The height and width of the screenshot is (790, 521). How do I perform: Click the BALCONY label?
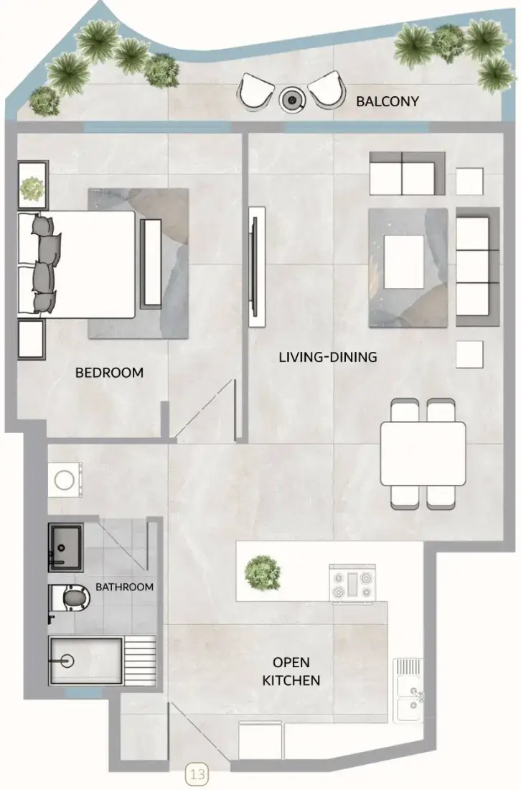(387, 101)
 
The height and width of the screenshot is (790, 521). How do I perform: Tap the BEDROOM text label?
(109, 373)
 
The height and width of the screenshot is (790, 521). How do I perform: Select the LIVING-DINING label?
(328, 357)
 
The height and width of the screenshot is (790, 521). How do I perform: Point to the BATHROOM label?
(124, 587)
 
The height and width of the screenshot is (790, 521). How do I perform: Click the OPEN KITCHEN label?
(291, 671)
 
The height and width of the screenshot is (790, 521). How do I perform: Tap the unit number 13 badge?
(197, 774)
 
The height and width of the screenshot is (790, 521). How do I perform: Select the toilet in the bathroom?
(70, 598)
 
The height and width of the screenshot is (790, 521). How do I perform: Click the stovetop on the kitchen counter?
(352, 583)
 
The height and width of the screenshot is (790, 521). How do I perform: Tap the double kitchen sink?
(408, 689)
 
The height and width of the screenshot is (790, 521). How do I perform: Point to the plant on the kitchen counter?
(262, 572)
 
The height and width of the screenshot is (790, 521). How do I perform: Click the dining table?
(423, 453)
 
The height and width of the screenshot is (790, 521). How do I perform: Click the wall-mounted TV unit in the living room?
(257, 266)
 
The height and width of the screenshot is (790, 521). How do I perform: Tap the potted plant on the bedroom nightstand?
(32, 188)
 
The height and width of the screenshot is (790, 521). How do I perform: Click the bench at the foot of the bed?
(151, 263)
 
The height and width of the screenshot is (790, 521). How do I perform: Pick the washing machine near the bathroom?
(65, 480)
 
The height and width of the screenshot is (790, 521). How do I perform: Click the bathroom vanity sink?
(65, 548)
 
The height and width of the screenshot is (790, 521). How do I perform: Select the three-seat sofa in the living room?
(477, 266)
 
